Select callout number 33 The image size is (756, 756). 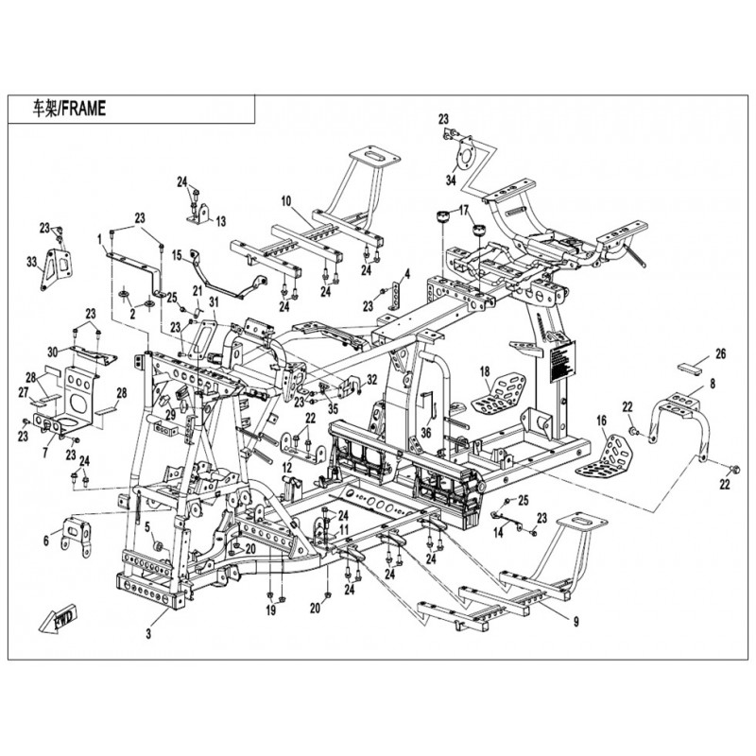(x=31, y=261)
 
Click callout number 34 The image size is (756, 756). (x=451, y=180)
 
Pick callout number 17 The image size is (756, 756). (x=464, y=210)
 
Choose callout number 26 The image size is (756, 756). (x=720, y=354)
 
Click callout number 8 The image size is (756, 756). (x=713, y=385)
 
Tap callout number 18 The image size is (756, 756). (x=484, y=370)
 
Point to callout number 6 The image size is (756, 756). (x=45, y=540)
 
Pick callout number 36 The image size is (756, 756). (x=426, y=432)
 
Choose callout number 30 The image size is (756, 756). (x=54, y=352)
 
